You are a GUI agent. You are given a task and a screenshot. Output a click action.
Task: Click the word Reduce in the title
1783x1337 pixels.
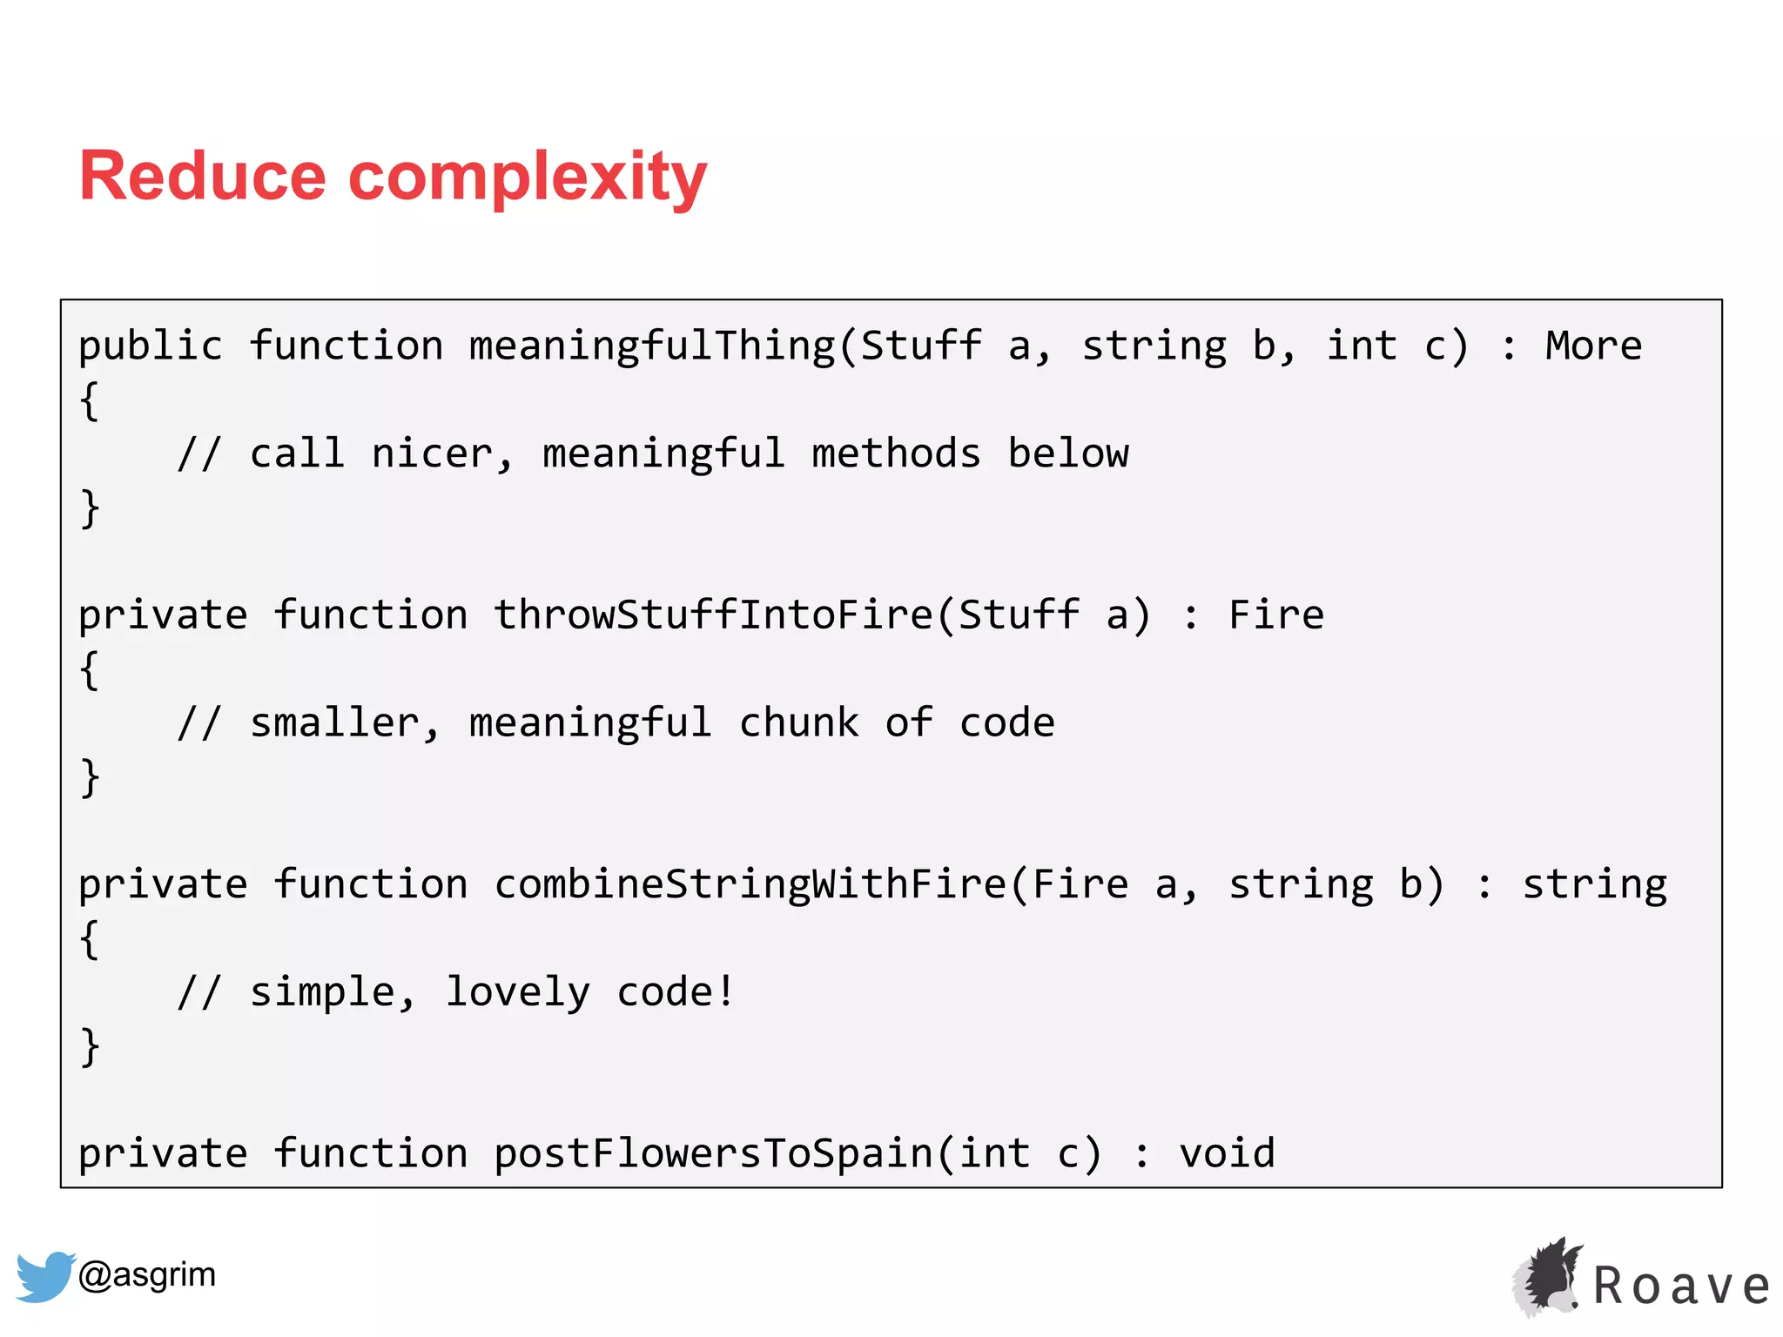pos(202,177)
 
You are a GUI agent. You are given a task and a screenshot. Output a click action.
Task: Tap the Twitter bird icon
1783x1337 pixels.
pos(44,1276)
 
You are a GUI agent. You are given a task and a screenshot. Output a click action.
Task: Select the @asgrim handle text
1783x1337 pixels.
pos(146,1274)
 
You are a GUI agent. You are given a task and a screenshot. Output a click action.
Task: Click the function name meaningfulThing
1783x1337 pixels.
pos(652,346)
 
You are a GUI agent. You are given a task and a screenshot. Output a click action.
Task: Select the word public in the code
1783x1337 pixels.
pos(151,346)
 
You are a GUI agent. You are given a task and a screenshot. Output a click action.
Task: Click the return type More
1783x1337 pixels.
pos(1593,346)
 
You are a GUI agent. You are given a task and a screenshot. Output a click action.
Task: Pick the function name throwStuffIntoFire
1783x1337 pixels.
pos(713,615)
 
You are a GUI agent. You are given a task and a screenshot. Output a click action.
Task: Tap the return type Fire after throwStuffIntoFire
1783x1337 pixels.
pos(1275,615)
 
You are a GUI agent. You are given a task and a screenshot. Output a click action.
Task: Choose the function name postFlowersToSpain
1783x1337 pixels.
pos(713,1153)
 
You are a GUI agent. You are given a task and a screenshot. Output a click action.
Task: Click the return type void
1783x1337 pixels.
pos(1227,1153)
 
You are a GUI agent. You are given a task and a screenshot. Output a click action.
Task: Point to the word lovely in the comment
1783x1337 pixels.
pos(517,992)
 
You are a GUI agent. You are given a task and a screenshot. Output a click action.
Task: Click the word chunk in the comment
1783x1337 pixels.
pos(798,723)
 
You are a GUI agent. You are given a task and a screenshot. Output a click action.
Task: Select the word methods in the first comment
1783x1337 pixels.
pos(896,454)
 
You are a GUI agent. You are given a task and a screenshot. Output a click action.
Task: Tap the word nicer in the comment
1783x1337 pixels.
pos(432,454)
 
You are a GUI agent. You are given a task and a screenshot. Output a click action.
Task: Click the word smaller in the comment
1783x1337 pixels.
pos(334,723)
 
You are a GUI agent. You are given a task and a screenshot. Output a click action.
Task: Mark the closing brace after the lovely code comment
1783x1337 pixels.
pos(90,1046)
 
